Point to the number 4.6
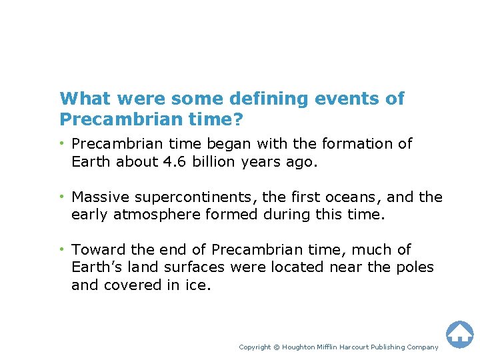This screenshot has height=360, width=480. click(169, 162)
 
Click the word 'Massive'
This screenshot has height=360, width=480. click(97, 197)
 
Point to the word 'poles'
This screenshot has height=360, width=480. click(415, 267)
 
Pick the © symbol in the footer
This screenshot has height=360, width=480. click(277, 347)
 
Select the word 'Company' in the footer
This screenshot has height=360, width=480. click(422, 347)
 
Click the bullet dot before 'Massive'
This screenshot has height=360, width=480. click(63, 197)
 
